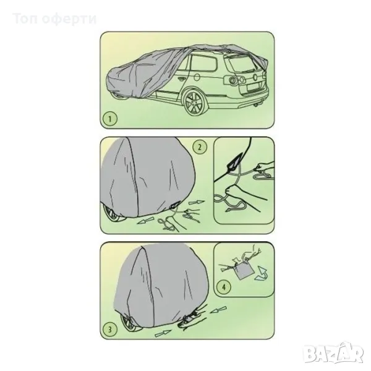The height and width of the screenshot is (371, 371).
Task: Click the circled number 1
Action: pos(109,119)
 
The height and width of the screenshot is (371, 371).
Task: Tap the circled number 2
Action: pos(200,147)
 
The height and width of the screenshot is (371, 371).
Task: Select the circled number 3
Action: pos(110,330)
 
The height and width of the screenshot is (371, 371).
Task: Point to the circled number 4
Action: pos(224,287)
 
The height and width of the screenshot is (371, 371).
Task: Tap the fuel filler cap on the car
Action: pos(196,77)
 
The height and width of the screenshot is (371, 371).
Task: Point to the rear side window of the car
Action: pos(203,62)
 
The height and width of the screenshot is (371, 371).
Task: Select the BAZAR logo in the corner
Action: pos(333,353)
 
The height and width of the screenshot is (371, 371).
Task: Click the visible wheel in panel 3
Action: pos(129,322)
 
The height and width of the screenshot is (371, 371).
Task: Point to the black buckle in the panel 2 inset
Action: pos(235,162)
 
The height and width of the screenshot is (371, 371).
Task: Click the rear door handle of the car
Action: pos(182,80)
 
